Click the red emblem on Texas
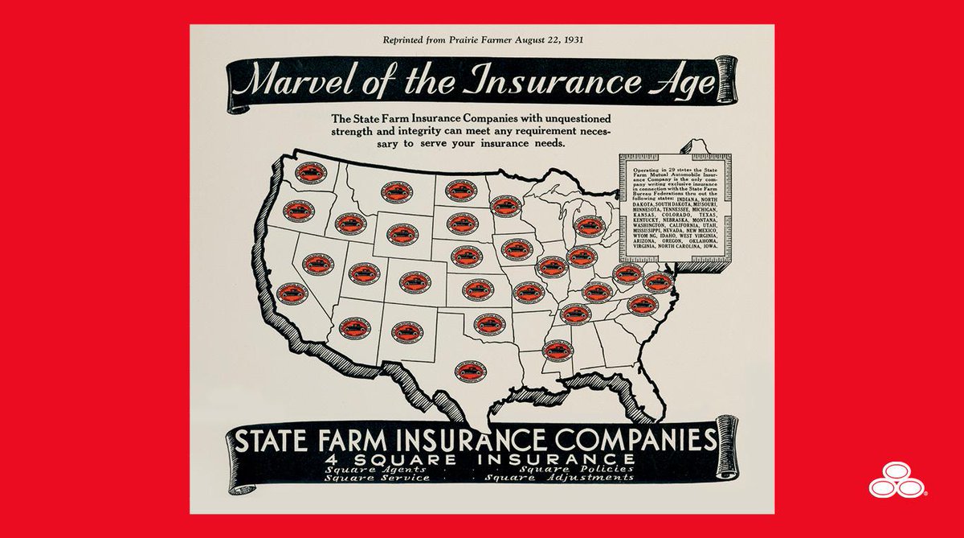pyautogui.click(x=468, y=371)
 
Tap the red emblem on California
pyautogui.click(x=292, y=293)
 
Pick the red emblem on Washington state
pyautogui.click(x=310, y=174)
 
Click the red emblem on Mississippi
pyautogui.click(x=558, y=350)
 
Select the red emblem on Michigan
pyautogui.click(x=590, y=227)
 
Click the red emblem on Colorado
pyautogui.click(x=415, y=281)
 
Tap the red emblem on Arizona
pyautogui.click(x=354, y=327)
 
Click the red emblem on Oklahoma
pyautogui.click(x=489, y=324)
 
